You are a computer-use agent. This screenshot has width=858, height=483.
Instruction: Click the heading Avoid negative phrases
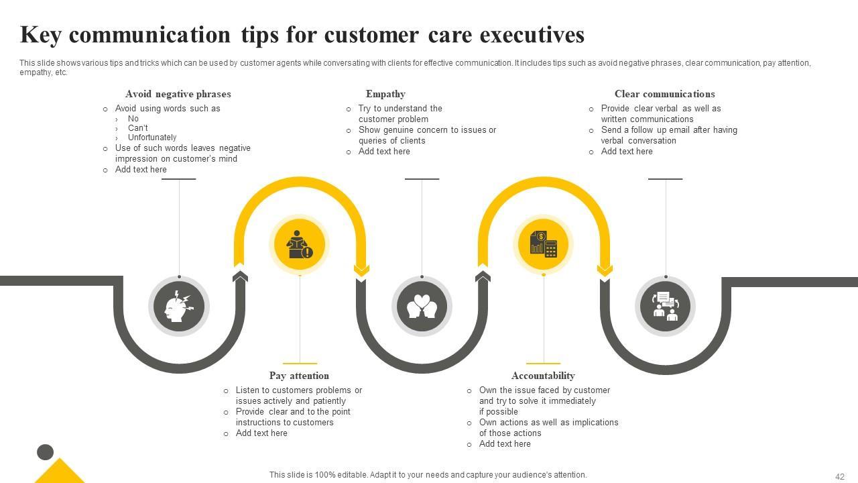[x=178, y=94]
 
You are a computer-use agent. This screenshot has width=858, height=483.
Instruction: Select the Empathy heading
[x=385, y=94]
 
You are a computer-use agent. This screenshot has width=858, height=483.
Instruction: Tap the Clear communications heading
[x=664, y=94]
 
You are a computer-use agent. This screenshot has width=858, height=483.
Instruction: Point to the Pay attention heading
[x=299, y=376]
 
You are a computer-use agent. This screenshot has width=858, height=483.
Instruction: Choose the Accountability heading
[x=543, y=376]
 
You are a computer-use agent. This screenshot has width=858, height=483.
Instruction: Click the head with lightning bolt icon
[x=178, y=307]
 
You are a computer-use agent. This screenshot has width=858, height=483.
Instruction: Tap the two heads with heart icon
[x=422, y=307]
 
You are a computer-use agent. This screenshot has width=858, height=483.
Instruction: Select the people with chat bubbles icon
[x=665, y=307]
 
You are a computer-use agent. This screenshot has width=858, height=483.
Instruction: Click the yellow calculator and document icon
[x=543, y=244]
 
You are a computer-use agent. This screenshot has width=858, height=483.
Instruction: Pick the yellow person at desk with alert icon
[x=299, y=244]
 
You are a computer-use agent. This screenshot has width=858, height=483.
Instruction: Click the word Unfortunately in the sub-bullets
[x=152, y=138]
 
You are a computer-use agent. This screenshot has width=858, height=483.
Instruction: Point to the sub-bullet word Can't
[x=138, y=128]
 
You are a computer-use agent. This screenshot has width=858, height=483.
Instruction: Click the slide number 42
[x=840, y=477]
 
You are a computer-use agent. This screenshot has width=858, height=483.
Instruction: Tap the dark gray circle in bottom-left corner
[x=45, y=452]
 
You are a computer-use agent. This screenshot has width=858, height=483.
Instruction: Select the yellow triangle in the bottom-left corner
[x=60, y=472]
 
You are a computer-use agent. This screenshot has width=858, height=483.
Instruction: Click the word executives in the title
[x=532, y=35]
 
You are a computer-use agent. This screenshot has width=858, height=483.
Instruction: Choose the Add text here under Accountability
[x=505, y=444]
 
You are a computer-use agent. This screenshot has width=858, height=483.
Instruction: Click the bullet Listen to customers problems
[x=298, y=390]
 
